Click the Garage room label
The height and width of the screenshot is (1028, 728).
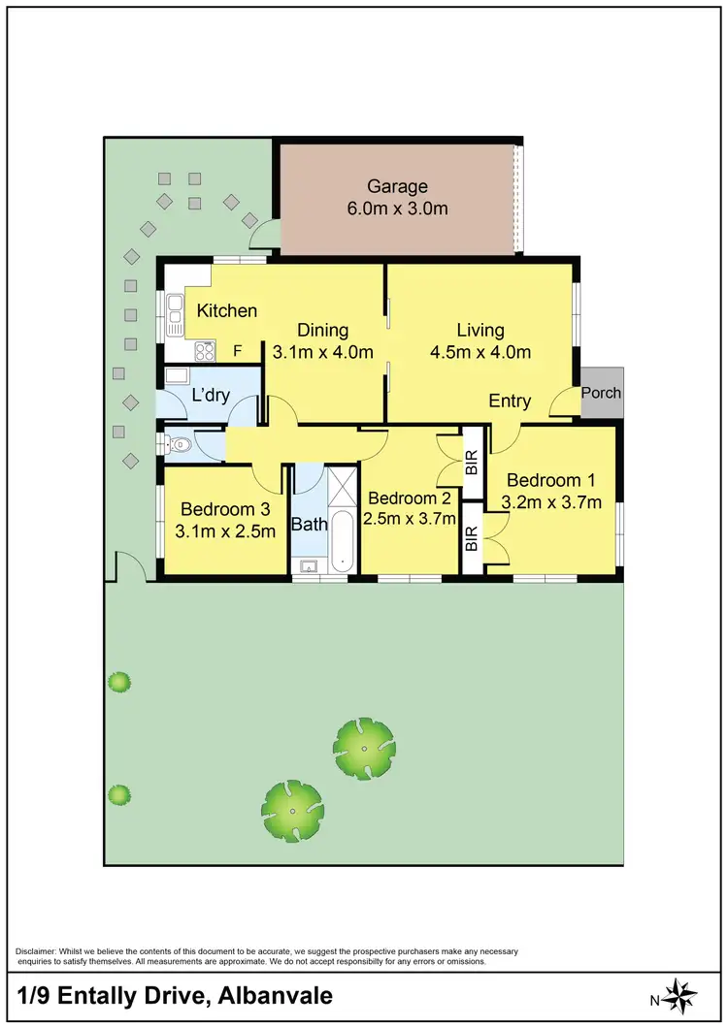click(397, 186)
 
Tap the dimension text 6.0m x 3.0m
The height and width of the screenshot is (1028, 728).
click(397, 209)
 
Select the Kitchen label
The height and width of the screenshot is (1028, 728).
click(227, 310)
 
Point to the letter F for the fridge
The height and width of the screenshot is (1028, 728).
click(236, 351)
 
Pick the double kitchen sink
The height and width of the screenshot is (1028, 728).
click(175, 315)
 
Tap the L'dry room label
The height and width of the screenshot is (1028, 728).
click(210, 396)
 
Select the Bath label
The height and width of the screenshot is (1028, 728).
click(309, 527)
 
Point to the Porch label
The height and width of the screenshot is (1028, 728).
click(601, 393)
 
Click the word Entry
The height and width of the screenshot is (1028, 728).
click(510, 401)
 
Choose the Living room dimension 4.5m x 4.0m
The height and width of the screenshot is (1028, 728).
click(480, 353)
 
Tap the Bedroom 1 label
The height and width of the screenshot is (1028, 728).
click(550, 480)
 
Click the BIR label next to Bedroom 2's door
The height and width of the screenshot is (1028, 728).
click(472, 465)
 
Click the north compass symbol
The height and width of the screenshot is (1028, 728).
click(682, 996)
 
